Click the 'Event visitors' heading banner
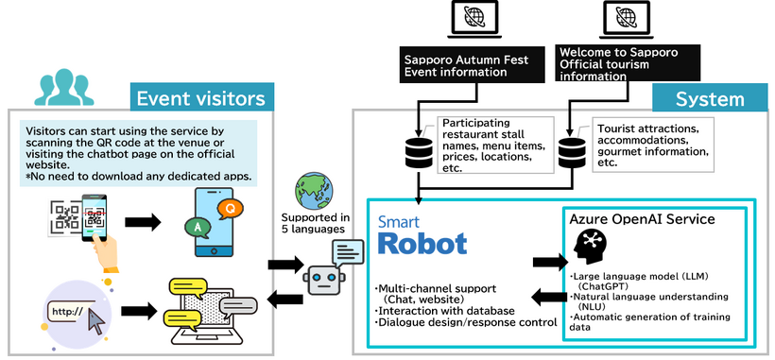coord(201,99)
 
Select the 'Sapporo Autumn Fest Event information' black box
coord(466,64)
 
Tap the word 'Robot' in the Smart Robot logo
coord(422,243)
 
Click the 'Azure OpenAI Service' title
coord(641,218)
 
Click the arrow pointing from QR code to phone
coord(144,221)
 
